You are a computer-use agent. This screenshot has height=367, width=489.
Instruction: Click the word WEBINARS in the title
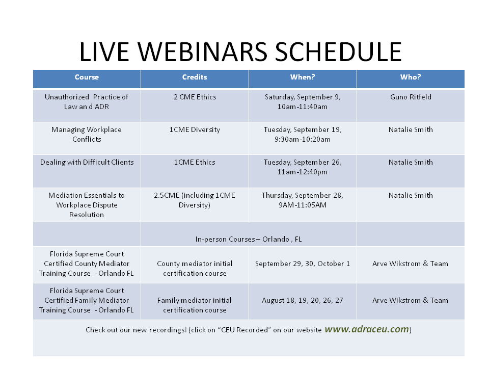(x=202, y=52)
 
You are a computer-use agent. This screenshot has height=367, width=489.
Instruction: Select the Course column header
(x=87, y=77)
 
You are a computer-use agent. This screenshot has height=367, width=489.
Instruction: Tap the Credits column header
(x=195, y=77)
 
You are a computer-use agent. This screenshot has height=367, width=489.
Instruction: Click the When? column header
(x=303, y=77)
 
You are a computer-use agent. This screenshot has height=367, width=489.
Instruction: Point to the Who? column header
(x=411, y=77)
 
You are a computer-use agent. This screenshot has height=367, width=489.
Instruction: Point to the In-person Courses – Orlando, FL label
(x=249, y=239)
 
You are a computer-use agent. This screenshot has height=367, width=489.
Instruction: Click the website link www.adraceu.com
(x=367, y=329)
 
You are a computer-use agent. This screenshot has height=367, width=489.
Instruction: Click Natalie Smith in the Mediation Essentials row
(x=411, y=195)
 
